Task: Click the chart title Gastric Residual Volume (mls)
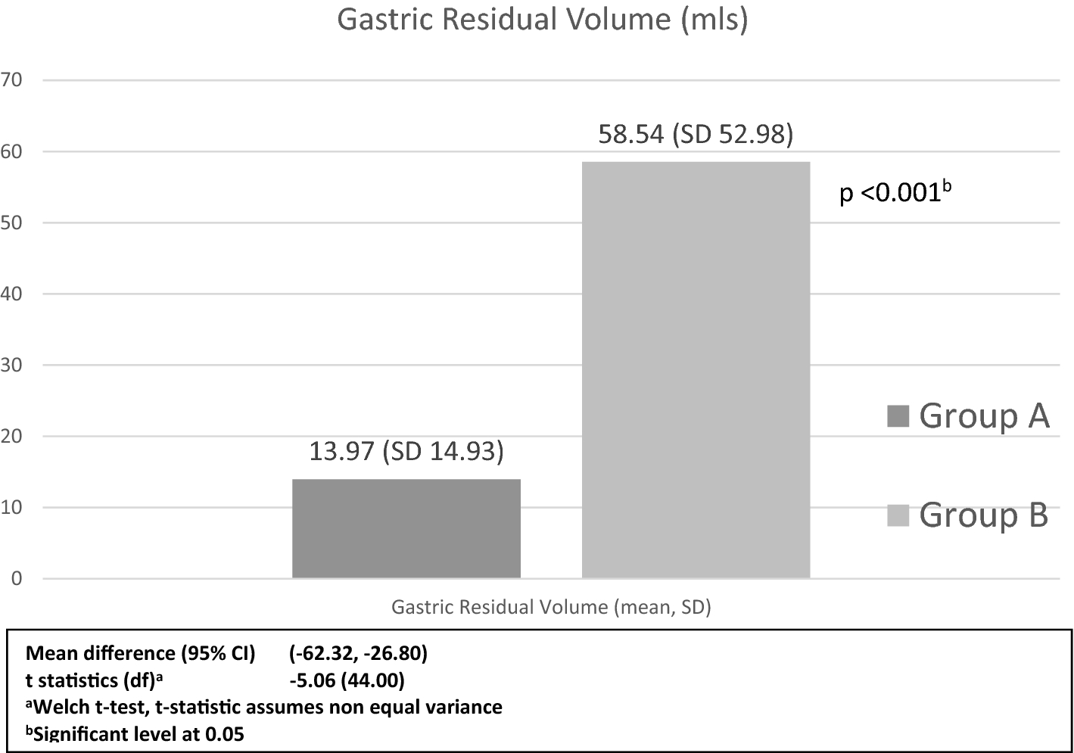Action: [542, 20]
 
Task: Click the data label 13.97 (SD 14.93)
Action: [406, 452]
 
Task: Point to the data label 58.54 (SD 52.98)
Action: [695, 135]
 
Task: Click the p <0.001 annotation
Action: [894, 193]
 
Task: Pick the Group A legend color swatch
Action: [898, 416]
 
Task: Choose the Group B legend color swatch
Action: [898, 515]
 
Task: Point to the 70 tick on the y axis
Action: [13, 80]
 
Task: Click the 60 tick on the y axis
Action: [13, 151]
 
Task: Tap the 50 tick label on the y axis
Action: [13, 222]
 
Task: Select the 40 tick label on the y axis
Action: [13, 294]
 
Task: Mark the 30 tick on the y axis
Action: [13, 365]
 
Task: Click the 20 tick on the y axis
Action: [13, 436]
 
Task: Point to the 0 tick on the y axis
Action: [17, 578]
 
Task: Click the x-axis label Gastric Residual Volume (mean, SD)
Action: [551, 607]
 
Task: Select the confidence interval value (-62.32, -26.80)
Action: [358, 653]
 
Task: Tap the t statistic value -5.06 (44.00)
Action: [347, 680]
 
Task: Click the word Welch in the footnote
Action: [61, 707]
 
